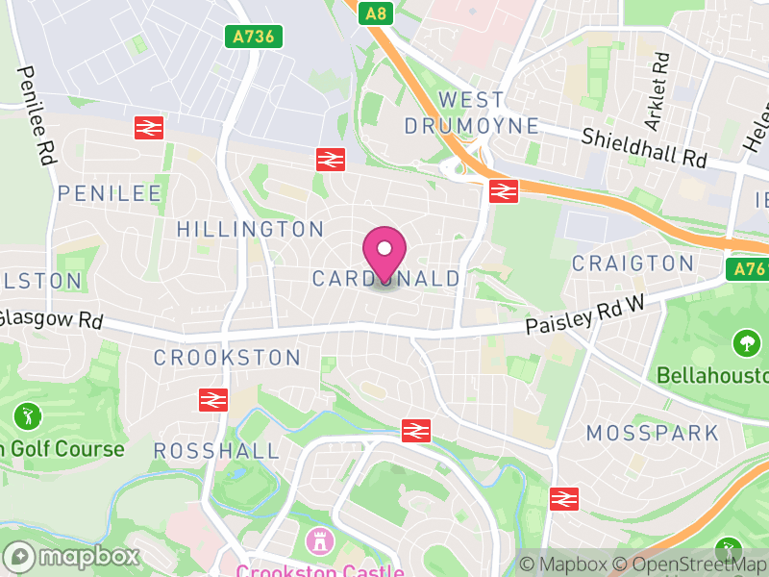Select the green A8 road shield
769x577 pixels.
click(x=377, y=13)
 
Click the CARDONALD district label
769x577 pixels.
click(x=386, y=279)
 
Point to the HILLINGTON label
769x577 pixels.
click(x=251, y=229)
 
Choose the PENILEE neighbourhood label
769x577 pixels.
click(x=110, y=193)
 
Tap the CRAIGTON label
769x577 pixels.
click(x=633, y=263)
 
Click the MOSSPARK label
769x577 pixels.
click(x=653, y=433)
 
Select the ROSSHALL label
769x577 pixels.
click(x=216, y=450)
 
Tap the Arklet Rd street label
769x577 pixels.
click(x=657, y=92)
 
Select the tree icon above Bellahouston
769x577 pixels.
click(x=746, y=342)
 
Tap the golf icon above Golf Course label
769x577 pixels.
click(x=27, y=417)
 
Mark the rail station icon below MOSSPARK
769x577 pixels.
click(x=564, y=498)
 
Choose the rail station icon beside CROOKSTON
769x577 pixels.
click(x=212, y=399)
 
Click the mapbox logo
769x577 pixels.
click(x=71, y=556)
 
